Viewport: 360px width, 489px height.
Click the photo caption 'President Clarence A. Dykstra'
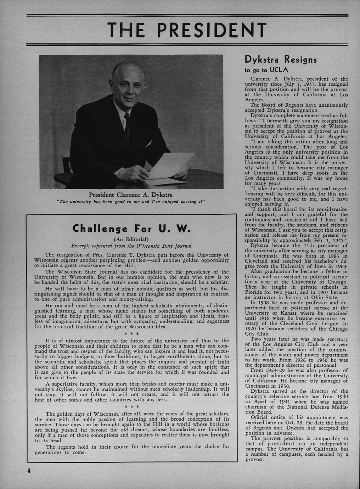131,195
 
